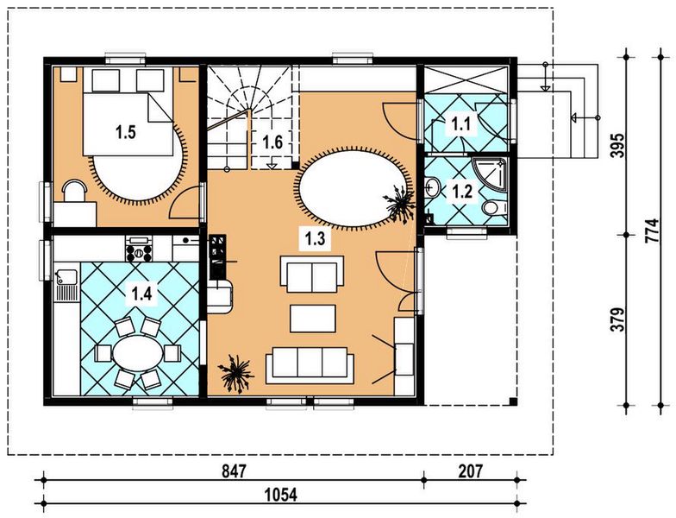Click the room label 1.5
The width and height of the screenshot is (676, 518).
click(x=126, y=132)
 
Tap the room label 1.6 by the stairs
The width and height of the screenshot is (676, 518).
click(x=272, y=142)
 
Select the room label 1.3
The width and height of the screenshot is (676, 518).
click(x=315, y=238)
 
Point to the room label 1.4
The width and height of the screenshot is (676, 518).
click(x=141, y=294)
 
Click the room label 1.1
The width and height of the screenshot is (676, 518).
click(x=460, y=124)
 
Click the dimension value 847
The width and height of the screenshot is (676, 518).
click(x=234, y=471)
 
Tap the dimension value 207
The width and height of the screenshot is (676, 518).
click(x=471, y=471)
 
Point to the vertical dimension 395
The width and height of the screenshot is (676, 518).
click(x=617, y=145)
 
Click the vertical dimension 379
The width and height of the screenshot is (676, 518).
click(x=617, y=319)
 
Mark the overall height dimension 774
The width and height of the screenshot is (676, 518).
click(x=652, y=231)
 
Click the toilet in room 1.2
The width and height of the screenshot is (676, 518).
click(x=495, y=208)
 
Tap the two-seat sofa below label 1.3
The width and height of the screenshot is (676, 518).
click(x=312, y=275)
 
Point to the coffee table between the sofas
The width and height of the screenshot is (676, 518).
click(x=312, y=319)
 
